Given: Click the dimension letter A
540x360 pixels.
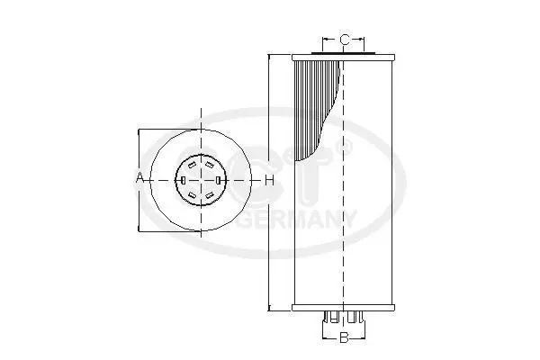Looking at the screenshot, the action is pos(139,178).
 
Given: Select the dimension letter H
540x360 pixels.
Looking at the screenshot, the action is pos(270,180).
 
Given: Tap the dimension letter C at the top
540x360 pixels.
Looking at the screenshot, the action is pos(344,40).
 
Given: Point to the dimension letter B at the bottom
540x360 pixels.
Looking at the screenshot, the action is pos(344,337).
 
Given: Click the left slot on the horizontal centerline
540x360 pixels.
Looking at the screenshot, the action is pos(184,180).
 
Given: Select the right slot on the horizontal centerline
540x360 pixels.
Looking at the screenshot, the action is pos(218,180).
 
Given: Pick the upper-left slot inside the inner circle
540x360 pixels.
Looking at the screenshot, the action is pos(193,165).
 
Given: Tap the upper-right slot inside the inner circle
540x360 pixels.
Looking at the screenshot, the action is pos(209,165).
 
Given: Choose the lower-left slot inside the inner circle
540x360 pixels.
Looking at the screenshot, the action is pos(193,195).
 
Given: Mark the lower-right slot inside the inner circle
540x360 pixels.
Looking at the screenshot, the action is pos(209,195).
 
